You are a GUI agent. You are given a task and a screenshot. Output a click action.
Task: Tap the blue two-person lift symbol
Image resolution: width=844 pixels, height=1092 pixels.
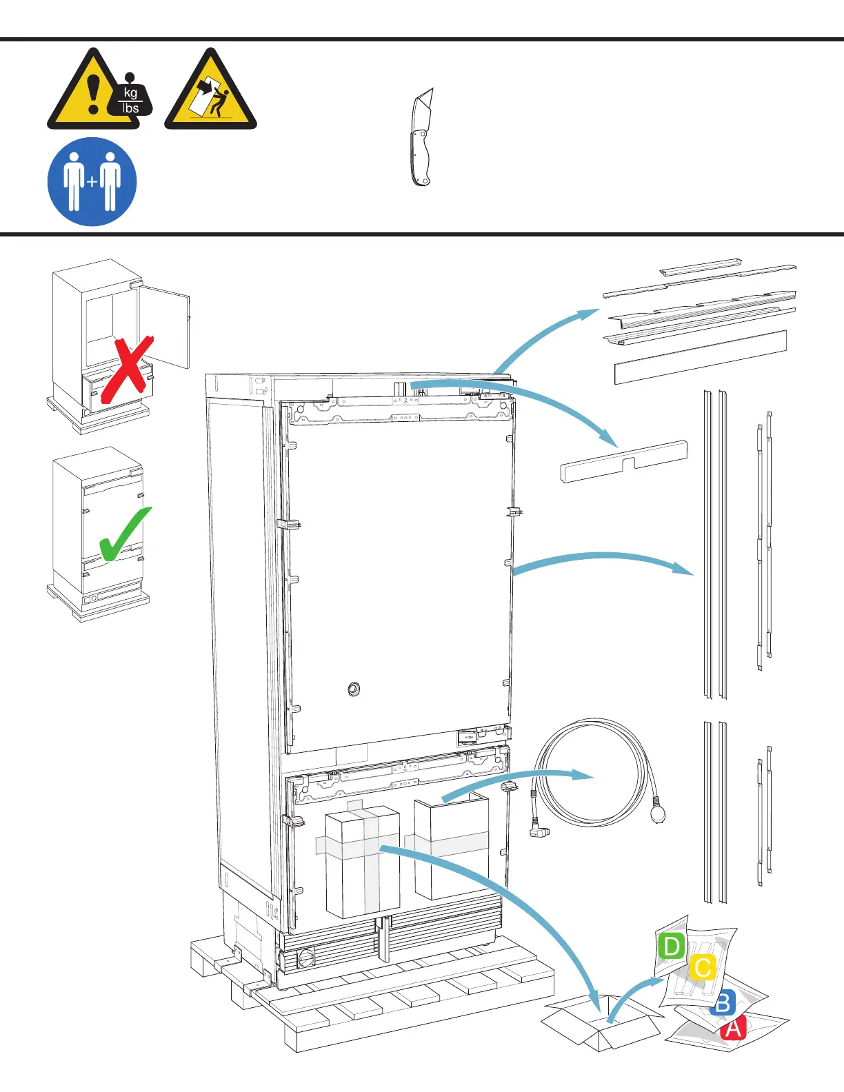click(92, 182)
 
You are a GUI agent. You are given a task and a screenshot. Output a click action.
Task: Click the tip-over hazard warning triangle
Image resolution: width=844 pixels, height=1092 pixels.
click(210, 93)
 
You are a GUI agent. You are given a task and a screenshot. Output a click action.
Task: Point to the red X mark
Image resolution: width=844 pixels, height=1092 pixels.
click(127, 370)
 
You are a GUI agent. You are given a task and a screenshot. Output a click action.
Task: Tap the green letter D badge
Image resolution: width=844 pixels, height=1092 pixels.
click(671, 946)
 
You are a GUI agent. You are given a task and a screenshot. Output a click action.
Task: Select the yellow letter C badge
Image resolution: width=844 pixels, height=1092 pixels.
click(703, 967)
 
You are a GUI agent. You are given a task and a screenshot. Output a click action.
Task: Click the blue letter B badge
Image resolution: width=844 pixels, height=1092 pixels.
click(723, 1003)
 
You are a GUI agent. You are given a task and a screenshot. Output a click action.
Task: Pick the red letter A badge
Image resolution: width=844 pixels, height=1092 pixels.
click(733, 1029)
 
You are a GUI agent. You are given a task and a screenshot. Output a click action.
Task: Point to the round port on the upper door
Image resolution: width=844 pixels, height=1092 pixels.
click(354, 689)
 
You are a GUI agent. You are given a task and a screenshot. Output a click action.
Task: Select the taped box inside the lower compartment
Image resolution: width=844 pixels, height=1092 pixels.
click(362, 862)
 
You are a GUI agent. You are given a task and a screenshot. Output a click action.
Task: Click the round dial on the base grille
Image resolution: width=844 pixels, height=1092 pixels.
click(305, 958)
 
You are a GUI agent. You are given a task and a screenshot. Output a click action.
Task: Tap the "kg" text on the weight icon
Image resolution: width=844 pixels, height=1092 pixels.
click(130, 93)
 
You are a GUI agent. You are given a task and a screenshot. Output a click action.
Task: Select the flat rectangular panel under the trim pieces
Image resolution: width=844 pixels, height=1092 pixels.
click(700, 356)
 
